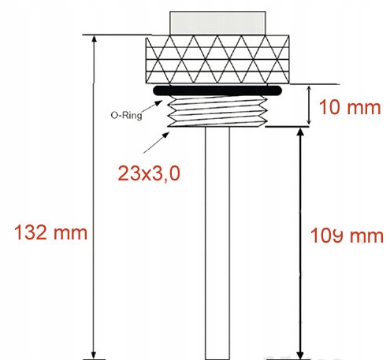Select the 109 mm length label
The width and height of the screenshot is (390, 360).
pos(346,235)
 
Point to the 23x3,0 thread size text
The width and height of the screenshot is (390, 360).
pos(150,174)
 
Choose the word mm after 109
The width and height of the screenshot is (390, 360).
pos(368,235)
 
